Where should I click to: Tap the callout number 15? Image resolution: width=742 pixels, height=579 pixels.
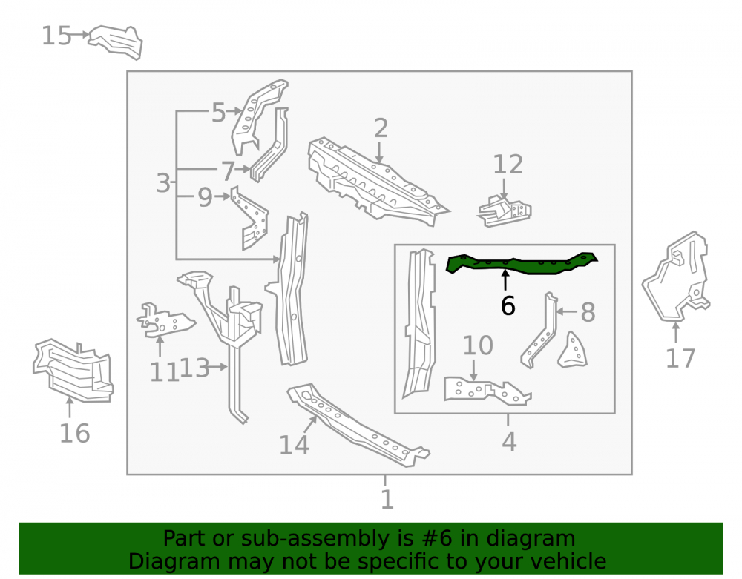[x=56, y=36]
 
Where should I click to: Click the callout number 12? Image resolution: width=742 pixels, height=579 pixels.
[x=508, y=165]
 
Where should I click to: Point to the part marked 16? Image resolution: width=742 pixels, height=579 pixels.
[x=73, y=371]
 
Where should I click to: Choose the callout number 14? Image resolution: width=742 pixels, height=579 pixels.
[x=294, y=446]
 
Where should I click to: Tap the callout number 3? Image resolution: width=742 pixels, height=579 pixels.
[x=163, y=183]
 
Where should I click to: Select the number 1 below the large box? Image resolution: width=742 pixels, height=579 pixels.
[x=387, y=500]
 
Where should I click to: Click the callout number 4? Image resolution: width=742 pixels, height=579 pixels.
[x=509, y=442]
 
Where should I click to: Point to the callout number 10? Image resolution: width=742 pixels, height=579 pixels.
[x=478, y=345]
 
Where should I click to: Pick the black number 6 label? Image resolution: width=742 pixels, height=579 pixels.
[x=508, y=305]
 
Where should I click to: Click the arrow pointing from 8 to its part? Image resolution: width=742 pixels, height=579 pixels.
[x=567, y=311]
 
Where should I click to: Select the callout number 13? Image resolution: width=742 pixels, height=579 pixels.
[x=194, y=368]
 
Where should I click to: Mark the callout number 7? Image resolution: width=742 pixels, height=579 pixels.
[x=228, y=171]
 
